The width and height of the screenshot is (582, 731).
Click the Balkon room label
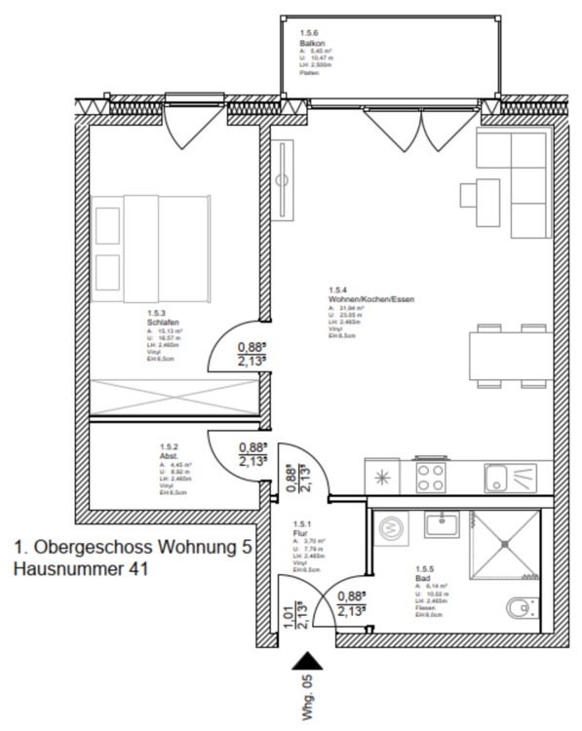point(310,44)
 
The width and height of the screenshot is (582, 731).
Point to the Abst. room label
point(168,455)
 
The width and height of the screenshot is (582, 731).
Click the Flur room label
point(300,535)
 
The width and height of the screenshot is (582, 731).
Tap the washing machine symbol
point(394,527)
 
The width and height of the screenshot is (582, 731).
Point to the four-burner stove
point(431,477)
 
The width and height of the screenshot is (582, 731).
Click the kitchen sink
point(510,478)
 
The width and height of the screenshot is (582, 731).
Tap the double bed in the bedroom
point(152,248)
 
